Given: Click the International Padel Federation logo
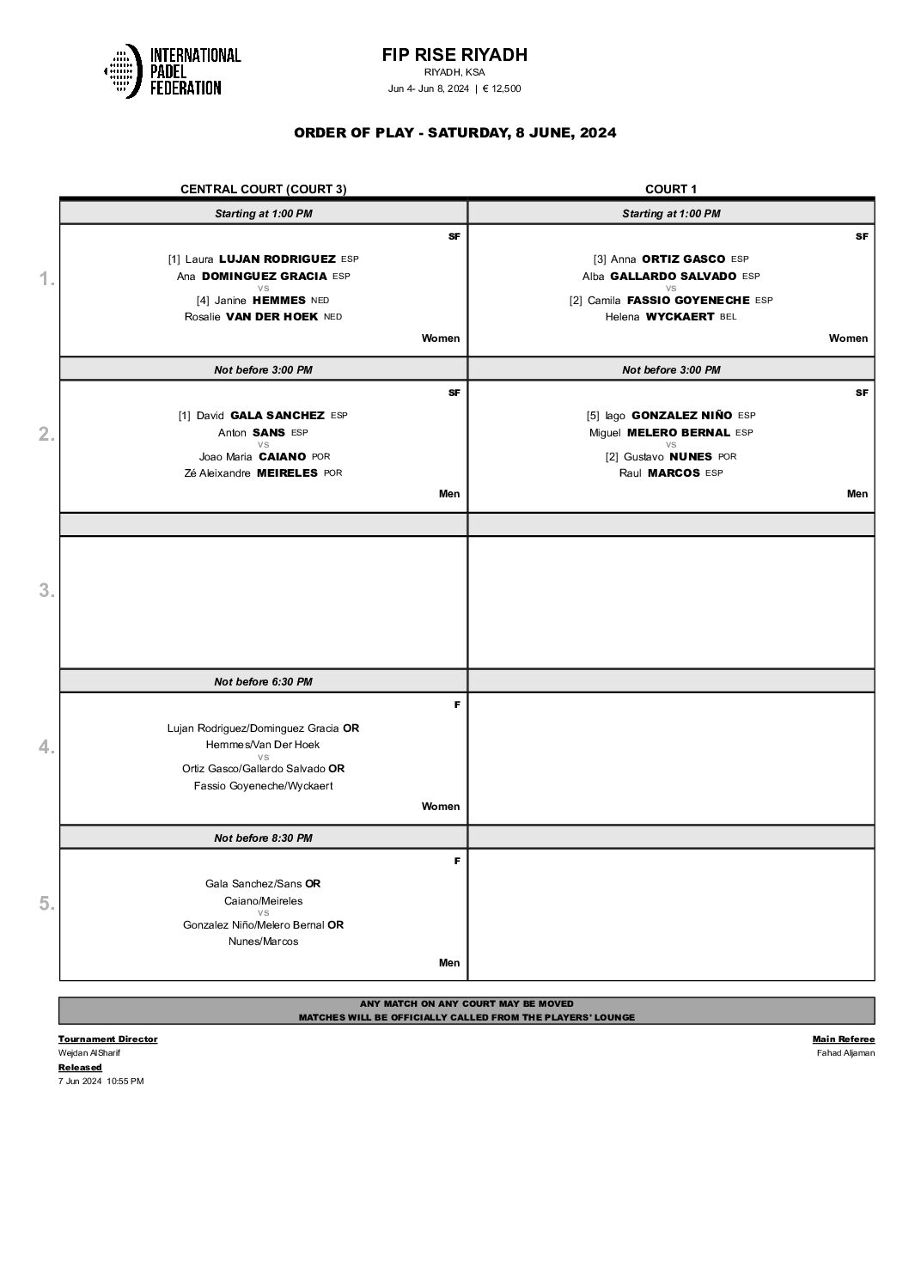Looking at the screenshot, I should [x=172, y=70].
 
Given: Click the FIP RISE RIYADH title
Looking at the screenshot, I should [x=454, y=55].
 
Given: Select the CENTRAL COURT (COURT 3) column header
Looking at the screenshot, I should [x=263, y=189].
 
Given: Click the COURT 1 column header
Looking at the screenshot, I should [x=671, y=189].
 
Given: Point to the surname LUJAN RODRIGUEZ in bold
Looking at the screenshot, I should [x=278, y=259].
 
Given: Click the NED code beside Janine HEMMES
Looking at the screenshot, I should [x=320, y=301].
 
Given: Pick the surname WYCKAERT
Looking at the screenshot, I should [x=679, y=317].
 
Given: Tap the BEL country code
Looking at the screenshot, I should [x=729, y=317].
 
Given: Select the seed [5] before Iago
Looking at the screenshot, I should [x=593, y=416].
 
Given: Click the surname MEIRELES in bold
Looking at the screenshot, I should [x=287, y=473].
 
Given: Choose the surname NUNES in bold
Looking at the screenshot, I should [x=690, y=457].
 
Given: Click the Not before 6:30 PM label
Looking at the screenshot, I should [x=263, y=682].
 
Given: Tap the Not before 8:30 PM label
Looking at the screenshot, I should [x=263, y=838].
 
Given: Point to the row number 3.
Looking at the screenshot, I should [x=46, y=591].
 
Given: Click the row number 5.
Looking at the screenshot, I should [x=46, y=904].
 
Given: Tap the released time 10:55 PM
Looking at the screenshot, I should [x=125, y=1082].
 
